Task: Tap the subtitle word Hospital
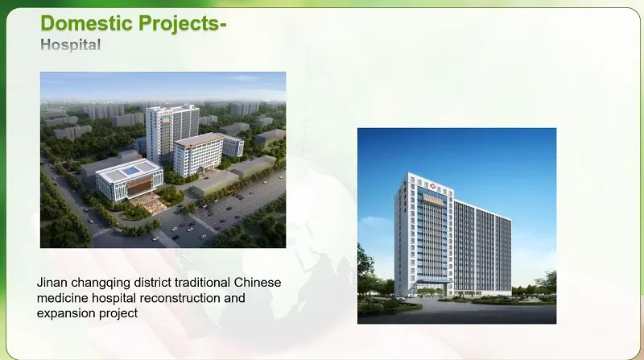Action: (x=71, y=45)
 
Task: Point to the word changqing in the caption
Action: (x=104, y=283)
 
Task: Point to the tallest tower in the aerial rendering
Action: (x=171, y=133)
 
